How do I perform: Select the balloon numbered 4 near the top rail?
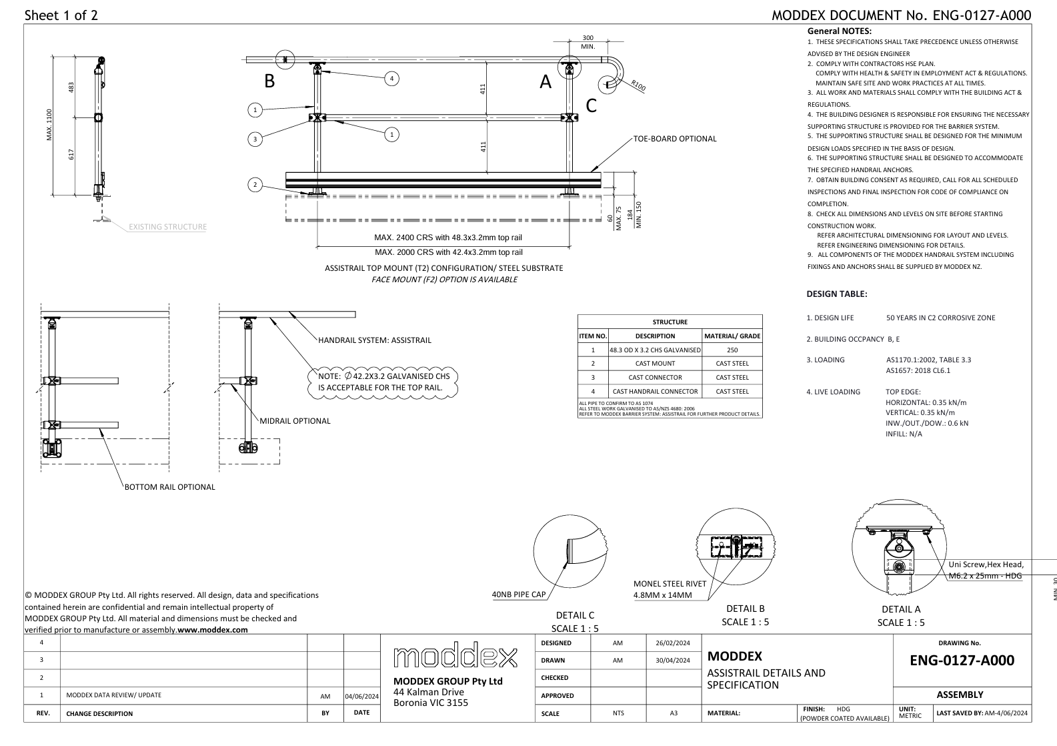(392, 79)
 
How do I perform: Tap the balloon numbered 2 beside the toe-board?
(254, 184)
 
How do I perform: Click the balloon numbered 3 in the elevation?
(254, 139)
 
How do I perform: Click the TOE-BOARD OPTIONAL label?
(675, 139)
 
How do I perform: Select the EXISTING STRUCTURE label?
(167, 227)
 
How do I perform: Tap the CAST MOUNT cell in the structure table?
(655, 364)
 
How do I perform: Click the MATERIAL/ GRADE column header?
(732, 336)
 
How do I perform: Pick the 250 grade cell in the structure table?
(732, 350)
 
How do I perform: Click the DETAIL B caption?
(745, 609)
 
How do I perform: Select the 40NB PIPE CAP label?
(518, 595)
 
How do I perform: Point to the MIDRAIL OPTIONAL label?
(295, 421)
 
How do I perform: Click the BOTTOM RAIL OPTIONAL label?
(170, 487)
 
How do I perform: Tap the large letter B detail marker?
(269, 81)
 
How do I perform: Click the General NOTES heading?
(840, 31)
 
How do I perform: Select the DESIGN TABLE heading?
(836, 294)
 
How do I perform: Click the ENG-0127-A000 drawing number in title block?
(962, 661)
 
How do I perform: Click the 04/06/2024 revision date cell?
(361, 696)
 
